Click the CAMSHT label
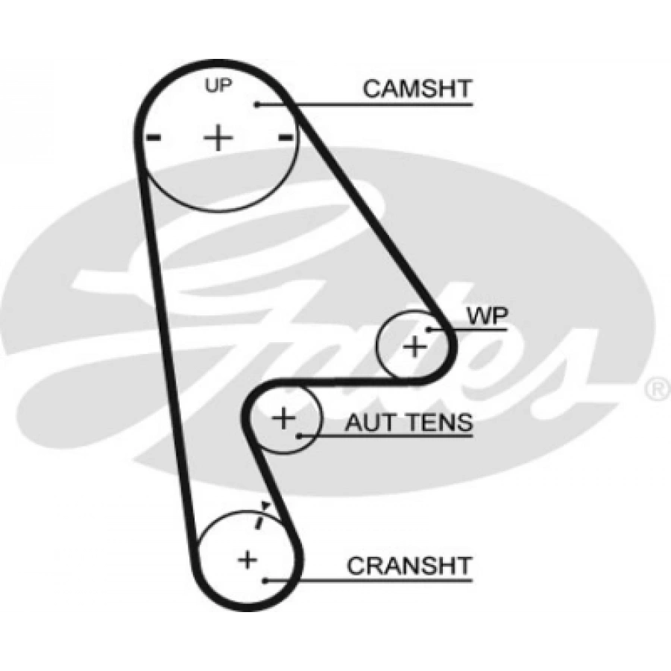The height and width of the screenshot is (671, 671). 417,89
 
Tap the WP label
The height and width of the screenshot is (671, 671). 487,316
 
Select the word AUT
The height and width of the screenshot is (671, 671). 371,422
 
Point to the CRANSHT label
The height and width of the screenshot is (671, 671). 409,566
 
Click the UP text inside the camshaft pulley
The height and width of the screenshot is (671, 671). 218,85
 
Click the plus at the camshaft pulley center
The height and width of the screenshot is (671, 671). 218,138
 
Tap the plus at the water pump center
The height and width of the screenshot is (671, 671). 415,346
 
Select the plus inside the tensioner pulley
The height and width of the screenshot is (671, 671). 284,418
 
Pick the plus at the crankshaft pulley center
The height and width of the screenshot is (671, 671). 248,559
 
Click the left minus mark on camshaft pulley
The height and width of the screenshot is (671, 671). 153,137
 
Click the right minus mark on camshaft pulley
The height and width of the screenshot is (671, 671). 286,137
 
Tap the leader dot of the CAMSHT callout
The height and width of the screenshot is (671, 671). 257,104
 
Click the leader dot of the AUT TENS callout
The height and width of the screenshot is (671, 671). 300,436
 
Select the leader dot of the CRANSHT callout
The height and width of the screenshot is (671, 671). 265,581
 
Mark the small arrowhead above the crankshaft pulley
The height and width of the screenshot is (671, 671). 265,505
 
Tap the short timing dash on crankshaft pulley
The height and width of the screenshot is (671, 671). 259,522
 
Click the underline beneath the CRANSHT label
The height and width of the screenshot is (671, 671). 368,581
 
